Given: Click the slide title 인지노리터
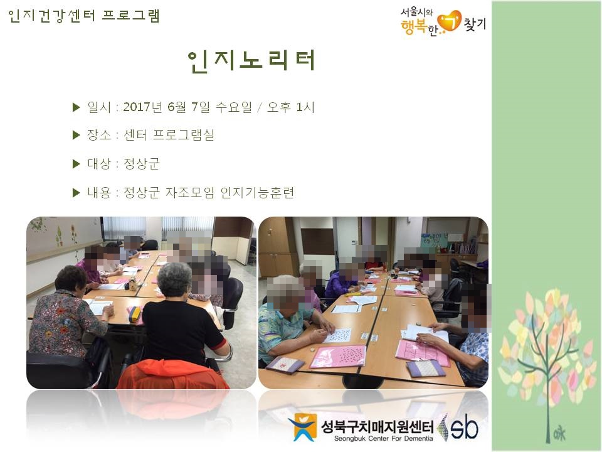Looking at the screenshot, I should tap(251, 60).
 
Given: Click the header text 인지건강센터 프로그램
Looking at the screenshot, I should tap(84, 16).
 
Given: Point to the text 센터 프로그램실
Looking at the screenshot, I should tap(169, 136).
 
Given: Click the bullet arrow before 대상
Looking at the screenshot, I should tap(77, 164).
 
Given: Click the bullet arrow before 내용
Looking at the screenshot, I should tap(77, 193).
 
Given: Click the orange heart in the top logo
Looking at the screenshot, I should tap(449, 21).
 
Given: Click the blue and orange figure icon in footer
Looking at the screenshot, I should tap(303, 428).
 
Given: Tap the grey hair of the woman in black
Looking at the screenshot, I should tap(174, 279).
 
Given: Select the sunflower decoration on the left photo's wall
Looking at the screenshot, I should tap(59, 236).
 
